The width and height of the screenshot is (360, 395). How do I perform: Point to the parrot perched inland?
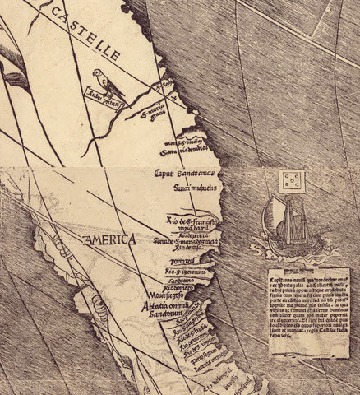tap(105, 82)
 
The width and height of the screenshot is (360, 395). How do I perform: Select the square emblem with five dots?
tap(290, 182)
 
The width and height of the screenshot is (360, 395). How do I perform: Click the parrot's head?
tap(100, 74)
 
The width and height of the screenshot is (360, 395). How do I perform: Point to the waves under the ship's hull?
tap(284, 244)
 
